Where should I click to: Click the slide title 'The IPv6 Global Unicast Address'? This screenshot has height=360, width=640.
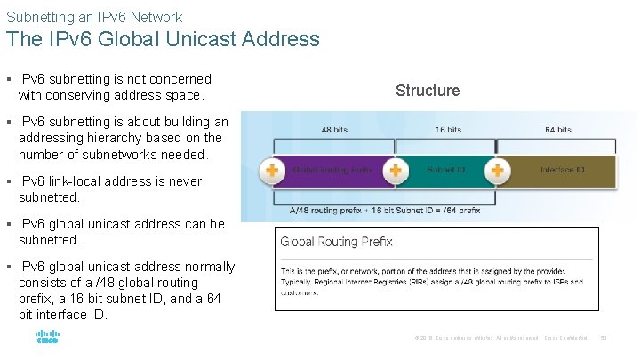tap(163, 39)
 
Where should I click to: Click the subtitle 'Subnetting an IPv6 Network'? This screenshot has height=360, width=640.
tap(94, 17)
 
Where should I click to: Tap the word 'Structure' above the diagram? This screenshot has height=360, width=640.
tap(428, 90)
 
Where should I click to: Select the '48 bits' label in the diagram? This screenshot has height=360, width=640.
tap(334, 130)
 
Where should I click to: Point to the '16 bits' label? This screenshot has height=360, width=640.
tap(448, 130)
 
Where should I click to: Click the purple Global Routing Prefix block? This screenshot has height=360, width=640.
tap(333, 169)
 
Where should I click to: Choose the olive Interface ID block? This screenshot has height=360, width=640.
tap(560, 169)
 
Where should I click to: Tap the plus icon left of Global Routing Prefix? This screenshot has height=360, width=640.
tap(270, 169)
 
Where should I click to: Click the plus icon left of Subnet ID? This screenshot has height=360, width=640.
tap(396, 169)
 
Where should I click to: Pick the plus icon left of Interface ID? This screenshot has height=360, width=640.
tap(498, 169)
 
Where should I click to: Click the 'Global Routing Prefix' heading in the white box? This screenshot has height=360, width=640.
tap(336, 242)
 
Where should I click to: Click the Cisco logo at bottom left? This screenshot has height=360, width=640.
tap(47, 338)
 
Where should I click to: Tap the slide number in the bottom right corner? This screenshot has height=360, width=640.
tap(604, 338)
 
